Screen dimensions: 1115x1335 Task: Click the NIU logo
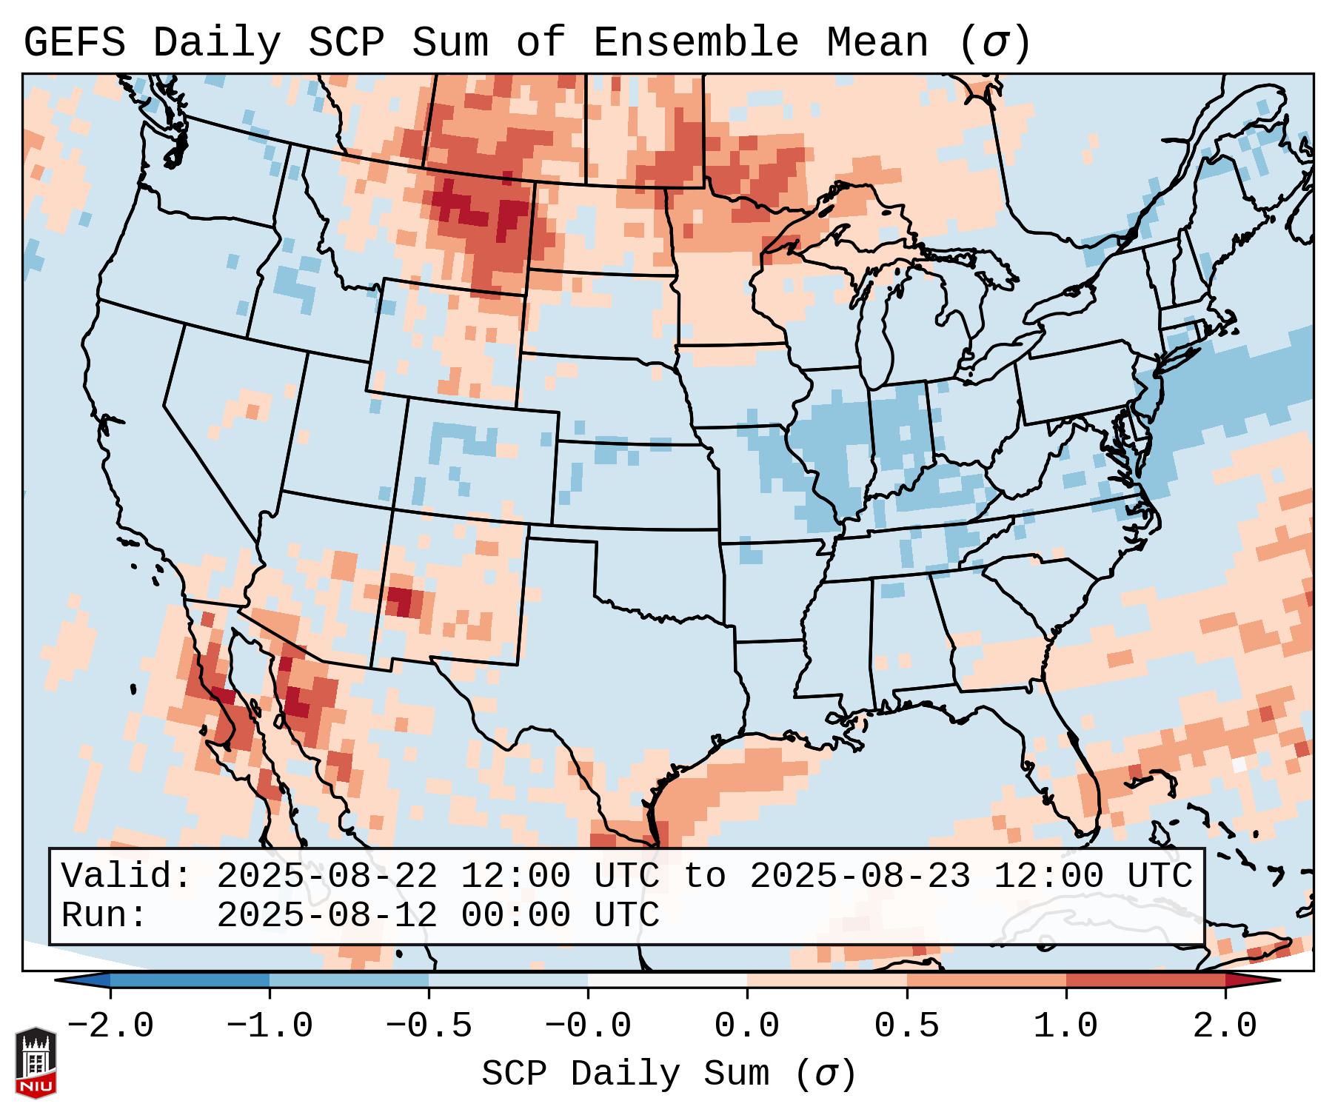(36, 1063)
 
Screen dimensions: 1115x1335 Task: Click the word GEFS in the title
(74, 43)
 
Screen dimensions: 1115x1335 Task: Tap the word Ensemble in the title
(695, 43)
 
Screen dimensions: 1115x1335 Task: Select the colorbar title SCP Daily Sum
(625, 1074)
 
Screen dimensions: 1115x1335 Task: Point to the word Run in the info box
(104, 915)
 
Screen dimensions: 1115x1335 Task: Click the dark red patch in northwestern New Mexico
(401, 599)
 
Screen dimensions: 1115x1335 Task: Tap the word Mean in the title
(877, 43)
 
